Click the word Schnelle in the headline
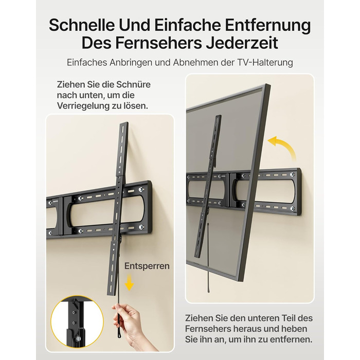(81, 25)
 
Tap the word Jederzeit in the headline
(242, 43)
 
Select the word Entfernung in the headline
(268, 25)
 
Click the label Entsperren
(147, 266)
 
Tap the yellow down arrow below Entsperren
(129, 282)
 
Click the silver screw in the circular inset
(79, 338)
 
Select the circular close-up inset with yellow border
(77, 321)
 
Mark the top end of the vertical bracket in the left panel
(124, 123)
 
